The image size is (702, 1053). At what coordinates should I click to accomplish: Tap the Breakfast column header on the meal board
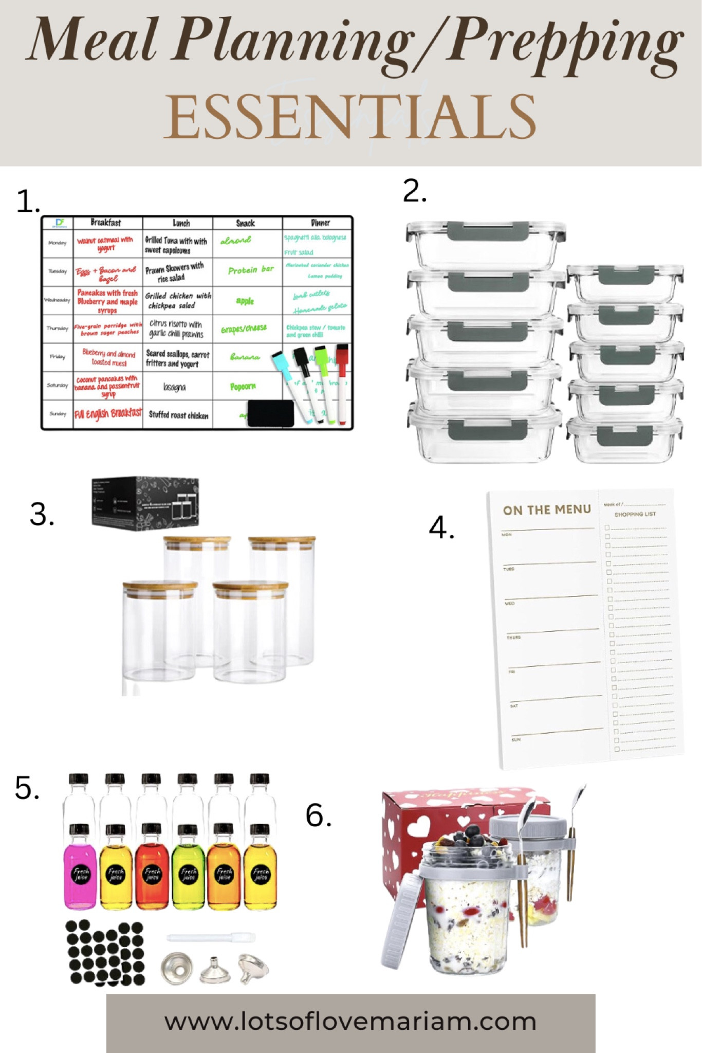106,223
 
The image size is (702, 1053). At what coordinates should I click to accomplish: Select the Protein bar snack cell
250,270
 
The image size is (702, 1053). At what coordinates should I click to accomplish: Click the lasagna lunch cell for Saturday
175,387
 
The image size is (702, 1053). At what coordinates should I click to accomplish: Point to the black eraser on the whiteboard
270,413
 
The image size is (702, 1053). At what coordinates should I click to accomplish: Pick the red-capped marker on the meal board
342,383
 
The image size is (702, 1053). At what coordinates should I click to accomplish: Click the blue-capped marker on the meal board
291,383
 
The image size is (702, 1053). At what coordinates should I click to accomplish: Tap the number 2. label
415,192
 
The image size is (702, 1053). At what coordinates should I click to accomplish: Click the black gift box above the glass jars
145,501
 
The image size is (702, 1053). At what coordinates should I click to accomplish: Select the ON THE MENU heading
547,510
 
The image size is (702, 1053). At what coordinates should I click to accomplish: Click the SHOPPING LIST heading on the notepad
635,514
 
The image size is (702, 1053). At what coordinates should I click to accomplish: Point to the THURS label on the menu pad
513,638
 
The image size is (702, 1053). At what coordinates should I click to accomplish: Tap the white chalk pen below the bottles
211,937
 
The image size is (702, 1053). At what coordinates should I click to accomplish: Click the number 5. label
27,788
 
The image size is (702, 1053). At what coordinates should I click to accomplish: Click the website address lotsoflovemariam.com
350,1021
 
